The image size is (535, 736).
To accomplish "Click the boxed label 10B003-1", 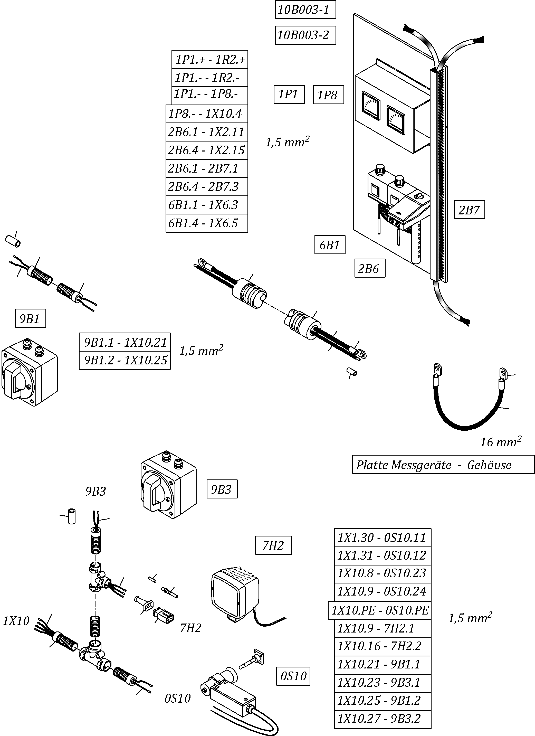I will (305, 10).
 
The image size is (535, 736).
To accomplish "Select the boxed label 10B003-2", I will (305, 35).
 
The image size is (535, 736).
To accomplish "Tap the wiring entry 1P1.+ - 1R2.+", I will (209, 59).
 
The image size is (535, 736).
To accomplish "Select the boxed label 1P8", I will (328, 95).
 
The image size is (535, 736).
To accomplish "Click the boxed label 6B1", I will (329, 245).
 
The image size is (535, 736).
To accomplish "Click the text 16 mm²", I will (500, 442).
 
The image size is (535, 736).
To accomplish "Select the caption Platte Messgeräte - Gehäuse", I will (443, 465).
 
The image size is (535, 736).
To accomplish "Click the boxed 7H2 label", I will (273, 545).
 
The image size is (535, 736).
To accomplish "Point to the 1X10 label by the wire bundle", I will (16, 621).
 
